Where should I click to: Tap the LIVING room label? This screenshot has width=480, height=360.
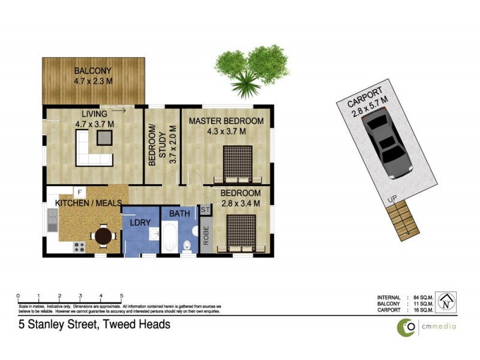click(95, 114)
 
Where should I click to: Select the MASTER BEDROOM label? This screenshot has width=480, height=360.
click(226, 121)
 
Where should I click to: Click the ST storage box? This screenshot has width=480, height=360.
click(205, 210)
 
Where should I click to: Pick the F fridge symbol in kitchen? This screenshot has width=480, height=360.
click(79, 191)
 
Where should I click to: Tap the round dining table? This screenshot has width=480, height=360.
click(104, 236)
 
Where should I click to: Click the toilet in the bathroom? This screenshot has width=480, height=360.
click(188, 245)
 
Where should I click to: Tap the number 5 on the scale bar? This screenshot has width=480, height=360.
click(122, 296)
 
